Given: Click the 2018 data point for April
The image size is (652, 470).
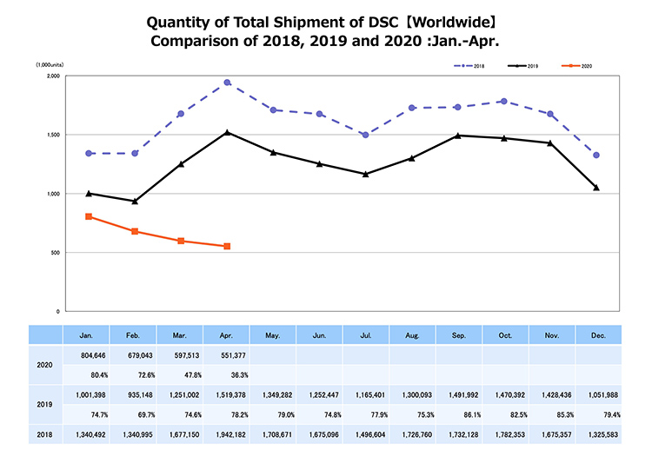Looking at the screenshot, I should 227,83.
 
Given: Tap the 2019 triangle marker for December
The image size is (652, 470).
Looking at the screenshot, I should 595,188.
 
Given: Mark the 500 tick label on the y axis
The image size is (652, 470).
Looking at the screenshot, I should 54,253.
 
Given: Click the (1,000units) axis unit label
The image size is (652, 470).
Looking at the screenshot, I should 47,64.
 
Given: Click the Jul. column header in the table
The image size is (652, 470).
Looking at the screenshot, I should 366,334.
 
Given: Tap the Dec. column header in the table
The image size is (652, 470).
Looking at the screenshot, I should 599,334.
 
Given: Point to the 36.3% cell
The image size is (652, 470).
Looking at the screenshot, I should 228,375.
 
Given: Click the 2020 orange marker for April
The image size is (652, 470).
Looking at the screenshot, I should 227,247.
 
